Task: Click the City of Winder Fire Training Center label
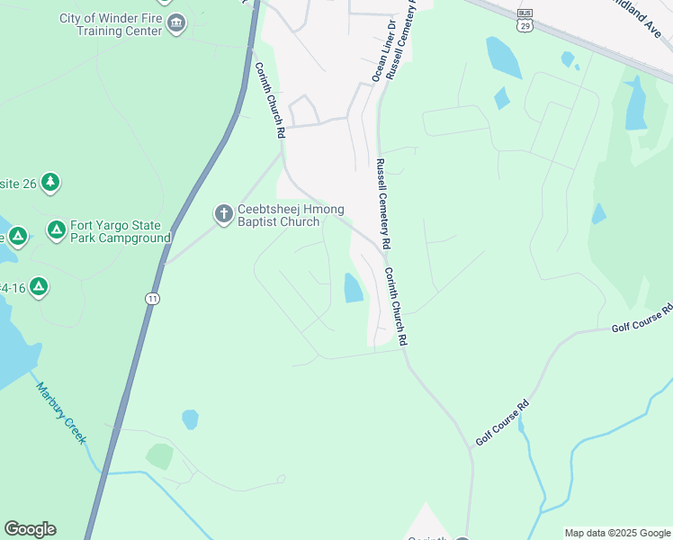111,24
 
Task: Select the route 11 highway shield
153,298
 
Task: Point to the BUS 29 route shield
525,20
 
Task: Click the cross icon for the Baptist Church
223,214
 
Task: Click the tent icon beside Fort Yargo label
57,230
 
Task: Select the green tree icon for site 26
50,184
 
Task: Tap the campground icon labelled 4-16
38,287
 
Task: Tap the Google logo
30,529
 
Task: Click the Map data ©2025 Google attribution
617,533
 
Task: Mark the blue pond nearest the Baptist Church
354,288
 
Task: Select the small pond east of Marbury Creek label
190,419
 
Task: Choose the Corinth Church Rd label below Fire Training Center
268,99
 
